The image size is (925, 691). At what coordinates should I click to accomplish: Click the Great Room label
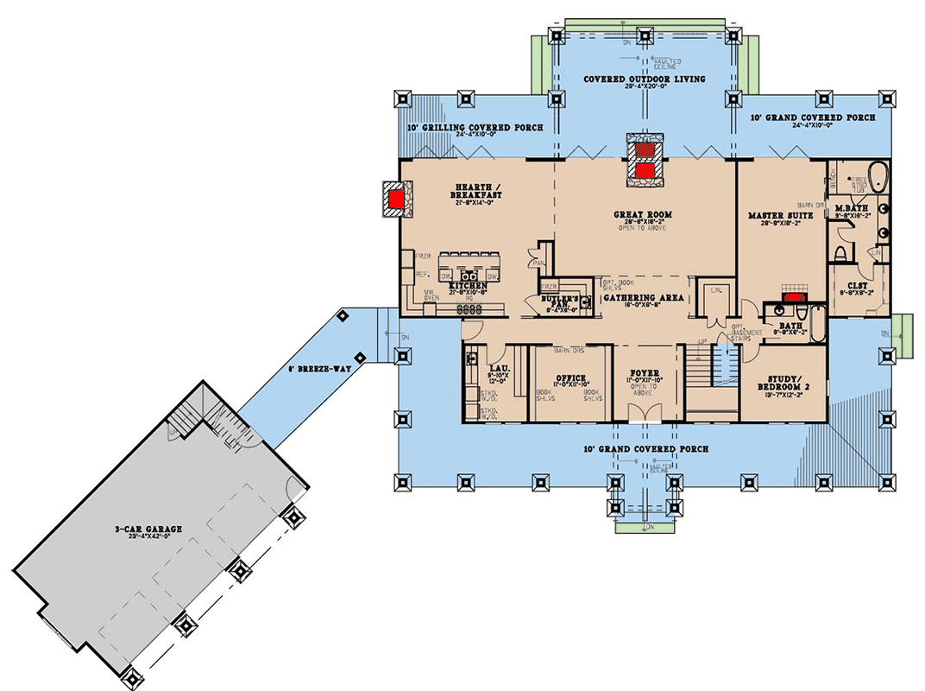(x=643, y=214)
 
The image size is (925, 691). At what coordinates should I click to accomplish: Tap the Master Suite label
(x=780, y=214)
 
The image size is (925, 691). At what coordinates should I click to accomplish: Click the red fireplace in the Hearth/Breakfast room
(x=397, y=200)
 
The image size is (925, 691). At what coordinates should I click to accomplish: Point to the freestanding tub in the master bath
(x=877, y=178)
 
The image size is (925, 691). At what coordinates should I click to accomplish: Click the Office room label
(x=570, y=378)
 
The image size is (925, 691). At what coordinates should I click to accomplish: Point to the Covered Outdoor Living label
(x=644, y=79)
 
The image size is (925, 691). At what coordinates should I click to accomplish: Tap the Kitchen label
(x=468, y=284)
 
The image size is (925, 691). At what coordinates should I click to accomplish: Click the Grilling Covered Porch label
(x=475, y=127)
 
